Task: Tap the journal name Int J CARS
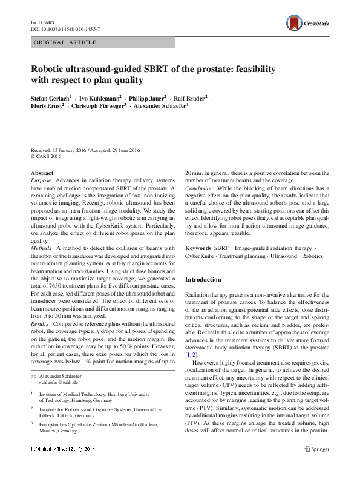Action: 40,21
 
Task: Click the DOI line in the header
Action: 65,28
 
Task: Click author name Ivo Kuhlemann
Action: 100,97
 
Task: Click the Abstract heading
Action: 42,173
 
